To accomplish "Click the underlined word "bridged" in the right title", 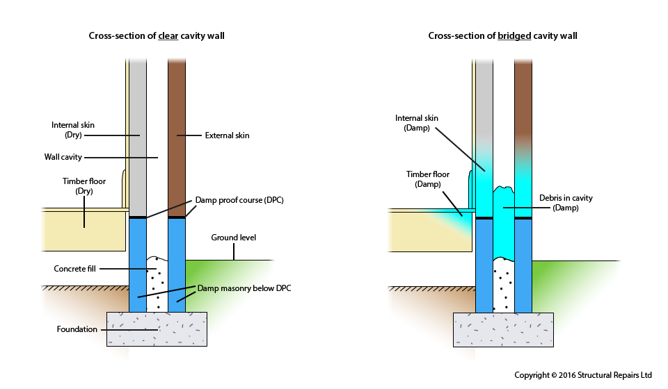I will [514, 36].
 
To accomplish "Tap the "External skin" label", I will [227, 135].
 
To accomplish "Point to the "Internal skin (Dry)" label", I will [72, 130].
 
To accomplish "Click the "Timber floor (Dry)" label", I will [83, 185].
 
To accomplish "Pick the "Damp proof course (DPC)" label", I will [240, 200].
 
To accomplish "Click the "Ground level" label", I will [233, 238].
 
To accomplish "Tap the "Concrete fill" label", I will [75, 268].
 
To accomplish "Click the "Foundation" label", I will [77, 329].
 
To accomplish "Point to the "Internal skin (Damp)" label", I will [417, 123].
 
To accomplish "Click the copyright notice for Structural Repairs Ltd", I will [582, 375].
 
